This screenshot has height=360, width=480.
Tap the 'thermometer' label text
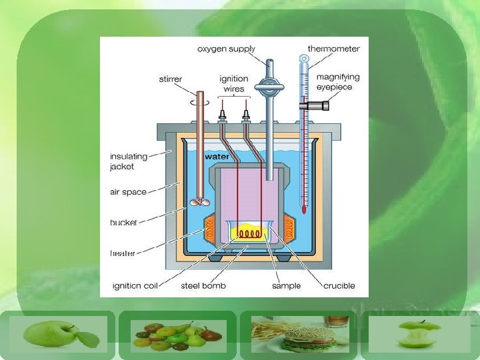point(333,49)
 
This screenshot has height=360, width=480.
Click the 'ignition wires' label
point(233,83)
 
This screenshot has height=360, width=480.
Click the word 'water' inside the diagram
point(217,157)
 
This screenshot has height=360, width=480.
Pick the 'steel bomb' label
point(203,285)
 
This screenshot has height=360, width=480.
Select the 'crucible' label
point(339,285)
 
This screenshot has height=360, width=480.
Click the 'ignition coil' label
point(135,285)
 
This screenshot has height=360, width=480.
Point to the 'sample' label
point(286,285)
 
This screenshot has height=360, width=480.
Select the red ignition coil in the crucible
point(249,234)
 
